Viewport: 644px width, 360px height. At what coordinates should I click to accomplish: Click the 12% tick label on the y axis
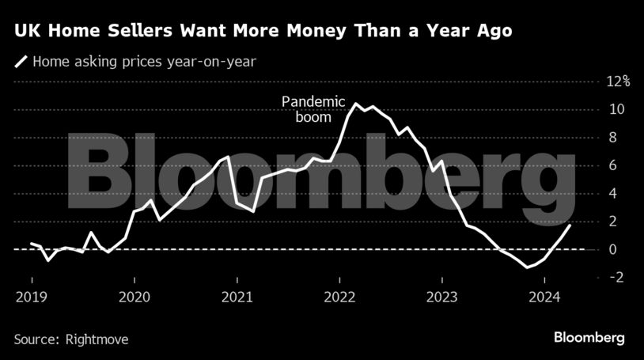pyautogui.click(x=617, y=81)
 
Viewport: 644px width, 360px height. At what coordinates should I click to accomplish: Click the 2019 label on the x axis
pyautogui.click(x=32, y=297)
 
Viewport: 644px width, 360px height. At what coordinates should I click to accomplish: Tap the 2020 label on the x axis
pyautogui.click(x=134, y=297)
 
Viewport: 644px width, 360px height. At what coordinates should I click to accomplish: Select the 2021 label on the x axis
pyautogui.click(x=237, y=297)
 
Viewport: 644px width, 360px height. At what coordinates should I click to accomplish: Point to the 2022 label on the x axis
pyautogui.click(x=339, y=297)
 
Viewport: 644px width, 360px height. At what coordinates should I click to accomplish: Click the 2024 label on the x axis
pyautogui.click(x=544, y=297)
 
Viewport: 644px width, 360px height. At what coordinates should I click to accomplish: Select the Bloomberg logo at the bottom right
pyautogui.click(x=589, y=338)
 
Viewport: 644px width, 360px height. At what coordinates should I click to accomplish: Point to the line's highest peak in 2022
pyautogui.click(x=356, y=104)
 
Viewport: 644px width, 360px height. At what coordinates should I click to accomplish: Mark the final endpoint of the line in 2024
pyautogui.click(x=570, y=225)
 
